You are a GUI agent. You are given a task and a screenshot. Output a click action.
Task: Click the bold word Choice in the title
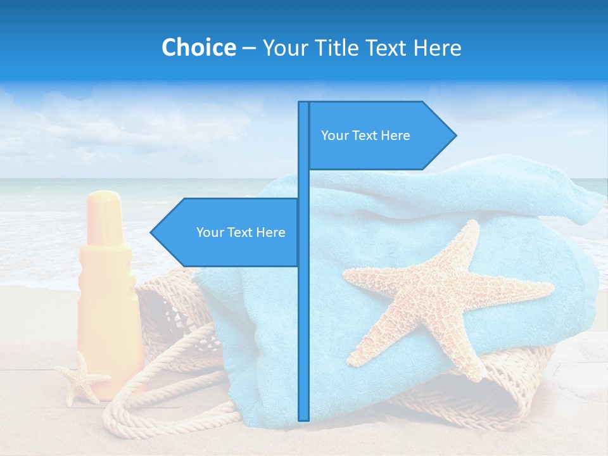click(198, 47)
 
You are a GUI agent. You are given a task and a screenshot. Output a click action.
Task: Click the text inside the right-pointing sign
click(365, 136)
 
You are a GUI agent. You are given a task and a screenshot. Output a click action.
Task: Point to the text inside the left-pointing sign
click(241, 232)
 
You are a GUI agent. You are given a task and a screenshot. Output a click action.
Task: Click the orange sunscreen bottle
click(106, 298)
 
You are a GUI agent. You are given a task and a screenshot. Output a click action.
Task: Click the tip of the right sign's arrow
click(455, 135)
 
